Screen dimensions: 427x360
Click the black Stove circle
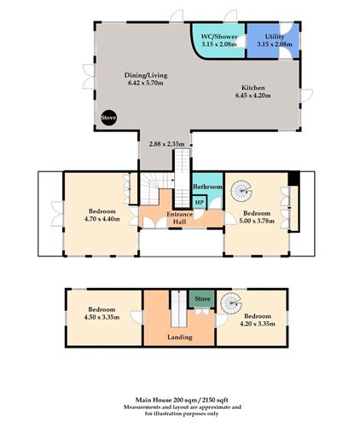[x=108, y=117]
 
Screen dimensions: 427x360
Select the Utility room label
[x=274, y=38]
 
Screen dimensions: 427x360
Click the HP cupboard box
[x=199, y=202]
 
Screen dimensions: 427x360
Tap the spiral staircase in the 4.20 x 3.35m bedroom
[x=229, y=304]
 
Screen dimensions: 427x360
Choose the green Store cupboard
[x=202, y=299]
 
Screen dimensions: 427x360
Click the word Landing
[x=179, y=337]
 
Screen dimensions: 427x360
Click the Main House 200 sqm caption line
[x=179, y=398]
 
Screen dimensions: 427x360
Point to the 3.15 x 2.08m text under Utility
[x=274, y=44]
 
